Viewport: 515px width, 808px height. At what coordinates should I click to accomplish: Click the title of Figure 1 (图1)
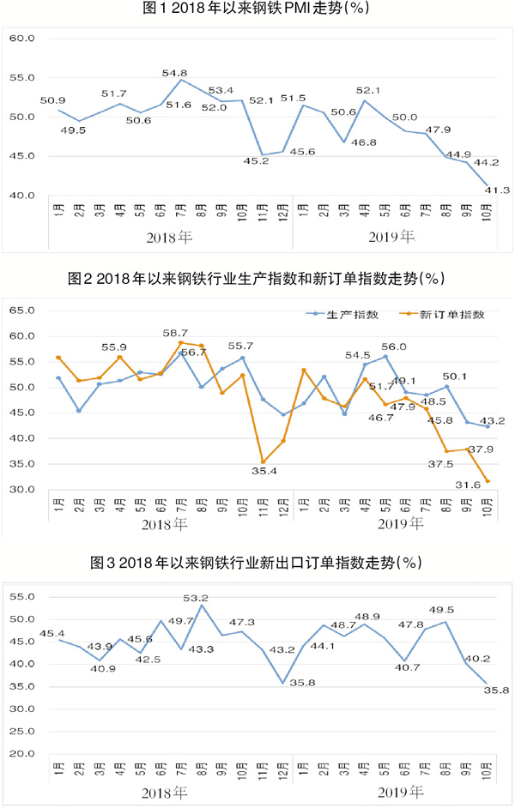coord(257,9)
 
